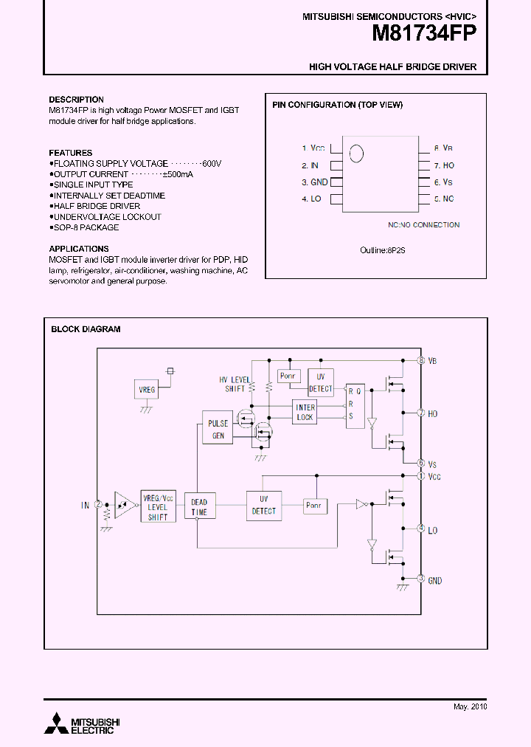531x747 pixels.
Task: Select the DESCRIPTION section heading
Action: click(76, 100)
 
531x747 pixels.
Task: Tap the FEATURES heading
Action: click(71, 153)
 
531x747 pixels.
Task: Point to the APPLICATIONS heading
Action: click(79, 249)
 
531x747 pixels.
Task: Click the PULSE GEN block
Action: click(218, 430)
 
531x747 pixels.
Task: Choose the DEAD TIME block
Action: click(199, 507)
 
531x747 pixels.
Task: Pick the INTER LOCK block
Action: click(305, 413)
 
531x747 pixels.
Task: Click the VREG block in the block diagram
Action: click(147, 389)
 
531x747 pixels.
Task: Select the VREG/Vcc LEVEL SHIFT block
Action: click(158, 507)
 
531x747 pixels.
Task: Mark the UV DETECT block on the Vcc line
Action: click(263, 506)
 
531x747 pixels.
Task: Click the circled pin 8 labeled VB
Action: click(421, 360)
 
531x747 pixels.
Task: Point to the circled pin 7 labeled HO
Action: click(421, 413)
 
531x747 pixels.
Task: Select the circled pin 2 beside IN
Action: click(98, 505)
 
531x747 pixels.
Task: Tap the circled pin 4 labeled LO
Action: click(421, 529)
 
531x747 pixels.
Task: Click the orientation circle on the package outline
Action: click(356, 154)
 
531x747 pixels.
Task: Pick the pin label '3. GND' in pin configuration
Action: click(314, 182)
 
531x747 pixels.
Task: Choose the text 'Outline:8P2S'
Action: click(383, 250)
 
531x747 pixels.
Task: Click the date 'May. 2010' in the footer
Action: click(470, 706)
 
